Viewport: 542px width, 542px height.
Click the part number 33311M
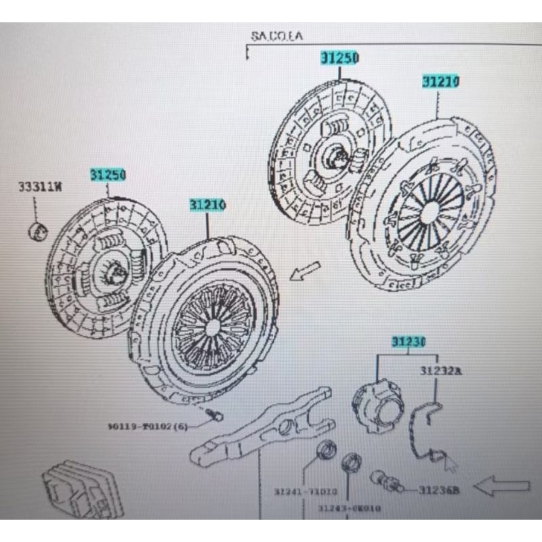tap(39, 187)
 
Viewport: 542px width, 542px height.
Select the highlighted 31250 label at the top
tap(339, 58)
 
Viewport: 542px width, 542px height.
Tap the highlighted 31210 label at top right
tap(441, 82)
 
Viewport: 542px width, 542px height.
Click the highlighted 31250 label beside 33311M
tap(108, 175)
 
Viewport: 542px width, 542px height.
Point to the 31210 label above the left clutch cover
tap(207, 204)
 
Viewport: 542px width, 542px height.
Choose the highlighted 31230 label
tap(408, 343)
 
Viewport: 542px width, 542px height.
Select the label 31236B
tap(438, 488)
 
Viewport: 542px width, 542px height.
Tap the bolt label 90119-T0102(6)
tap(147, 426)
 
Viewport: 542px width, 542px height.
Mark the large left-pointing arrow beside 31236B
tap(503, 486)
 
